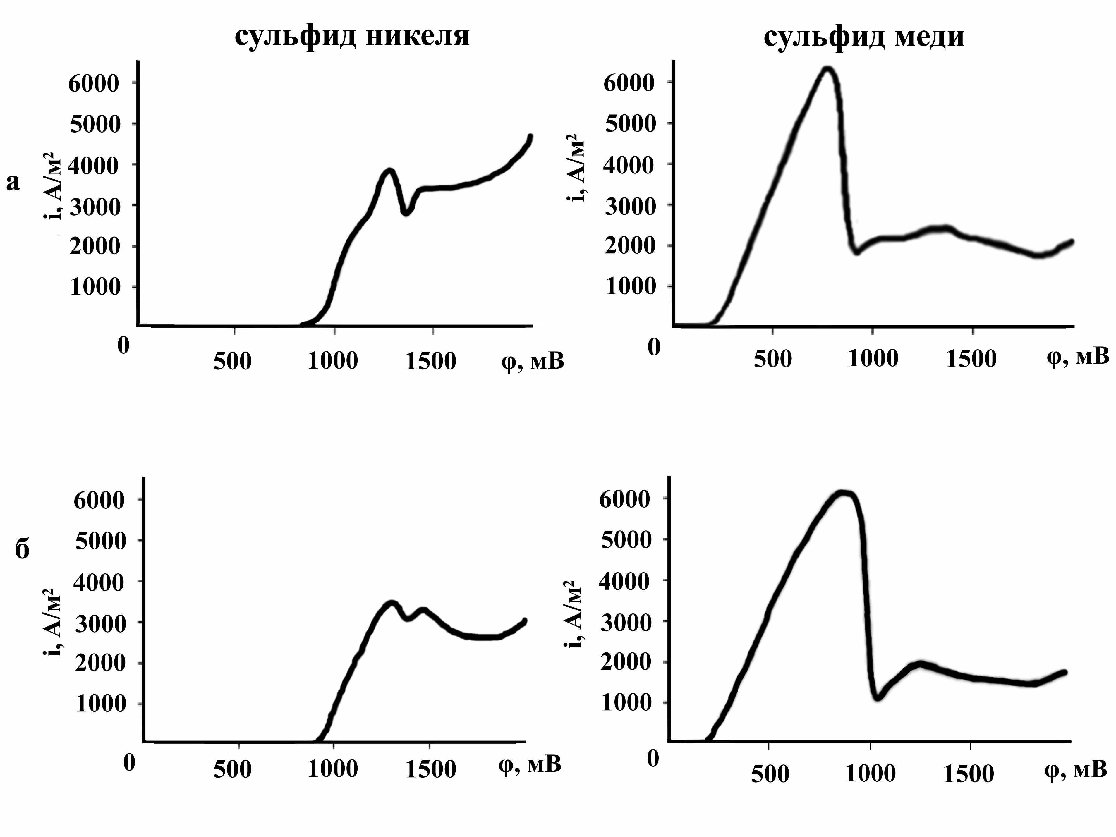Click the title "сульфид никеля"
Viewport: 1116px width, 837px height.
(x=352, y=36)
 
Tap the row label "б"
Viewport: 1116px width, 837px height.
(x=22, y=549)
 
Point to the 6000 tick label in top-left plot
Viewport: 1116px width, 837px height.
(x=94, y=83)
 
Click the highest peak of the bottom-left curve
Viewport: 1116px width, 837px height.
(x=391, y=604)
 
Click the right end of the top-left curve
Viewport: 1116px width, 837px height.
(x=530, y=136)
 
